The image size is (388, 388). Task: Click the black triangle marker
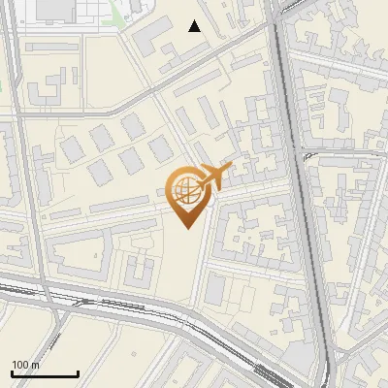195,26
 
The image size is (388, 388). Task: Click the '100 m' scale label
26,365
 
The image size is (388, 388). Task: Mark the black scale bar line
45,373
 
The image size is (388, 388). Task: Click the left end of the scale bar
12,373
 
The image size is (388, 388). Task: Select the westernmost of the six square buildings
72,149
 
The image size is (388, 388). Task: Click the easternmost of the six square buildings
161,148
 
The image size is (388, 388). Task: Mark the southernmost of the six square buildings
100,173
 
